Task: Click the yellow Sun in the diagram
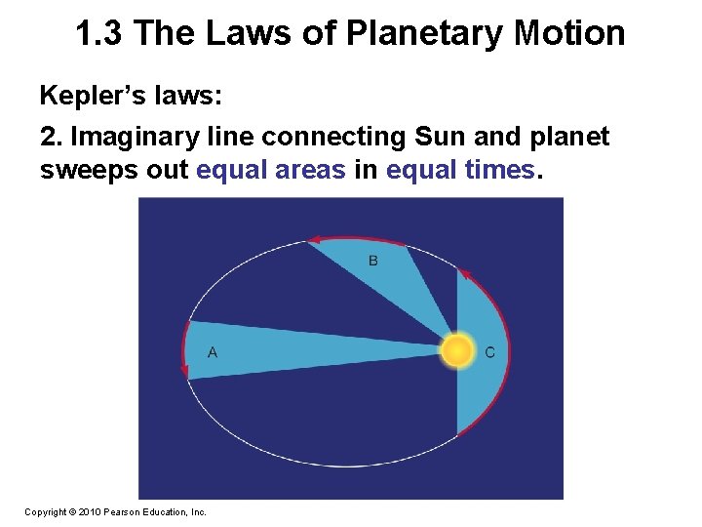[x=457, y=349]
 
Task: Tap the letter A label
[x=213, y=352]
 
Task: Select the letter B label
[x=373, y=261]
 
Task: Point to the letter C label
[x=489, y=352]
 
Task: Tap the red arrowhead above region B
[x=314, y=239]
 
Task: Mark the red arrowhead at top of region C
[x=465, y=274]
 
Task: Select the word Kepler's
[x=82, y=96]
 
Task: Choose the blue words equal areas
[x=271, y=170]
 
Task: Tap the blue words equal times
[x=460, y=170]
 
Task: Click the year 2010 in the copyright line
[x=85, y=511]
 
